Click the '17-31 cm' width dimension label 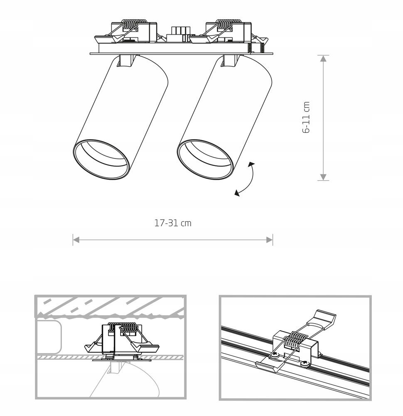point(173,223)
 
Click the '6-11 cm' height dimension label point(307,117)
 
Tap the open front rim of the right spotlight point(205,159)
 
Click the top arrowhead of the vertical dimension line point(324,58)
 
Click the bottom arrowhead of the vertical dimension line point(324,177)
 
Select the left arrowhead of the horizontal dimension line point(76,240)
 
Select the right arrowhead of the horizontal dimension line point(270,240)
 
